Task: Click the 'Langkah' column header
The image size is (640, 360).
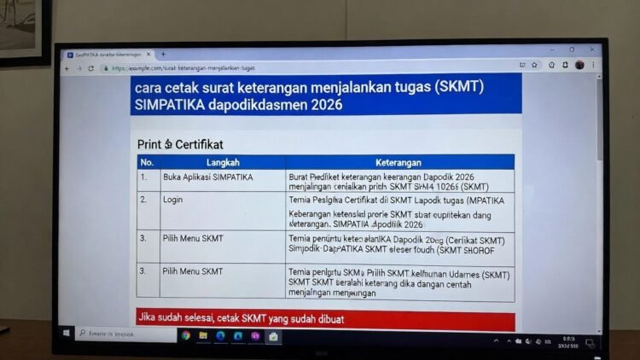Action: [223, 162]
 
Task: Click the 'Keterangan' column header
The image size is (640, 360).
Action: [400, 162]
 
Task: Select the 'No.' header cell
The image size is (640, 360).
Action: [147, 162]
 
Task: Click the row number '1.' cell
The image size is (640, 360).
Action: [144, 177]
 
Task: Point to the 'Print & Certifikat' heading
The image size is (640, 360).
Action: [180, 144]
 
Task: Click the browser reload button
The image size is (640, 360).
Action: [90, 68]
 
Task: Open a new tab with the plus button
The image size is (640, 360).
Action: [163, 55]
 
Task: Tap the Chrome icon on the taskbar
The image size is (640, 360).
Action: [185, 335]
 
